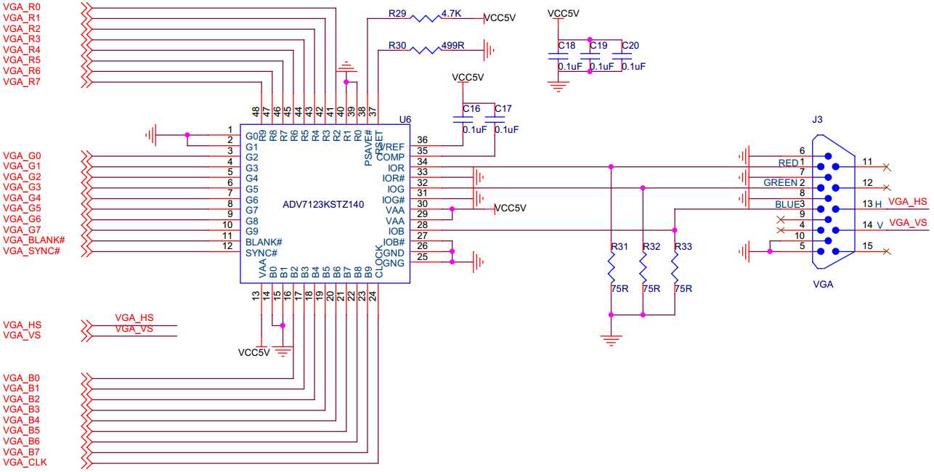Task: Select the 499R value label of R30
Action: [x=452, y=45]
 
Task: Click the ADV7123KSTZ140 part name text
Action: [x=323, y=205]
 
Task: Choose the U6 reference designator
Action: [x=405, y=118]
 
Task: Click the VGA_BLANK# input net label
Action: [x=34, y=240]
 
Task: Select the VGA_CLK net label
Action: [x=25, y=462]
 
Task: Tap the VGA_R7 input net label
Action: [x=22, y=81]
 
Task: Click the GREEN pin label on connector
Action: [x=780, y=183]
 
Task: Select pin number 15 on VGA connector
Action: [x=867, y=246]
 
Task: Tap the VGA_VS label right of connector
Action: [x=908, y=222]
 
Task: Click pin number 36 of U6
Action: [x=422, y=140]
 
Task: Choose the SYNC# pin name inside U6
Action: [x=261, y=252]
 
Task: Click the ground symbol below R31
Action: [x=612, y=338]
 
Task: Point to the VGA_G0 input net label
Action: [x=22, y=155]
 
